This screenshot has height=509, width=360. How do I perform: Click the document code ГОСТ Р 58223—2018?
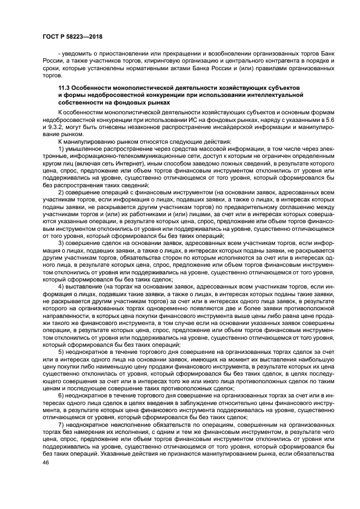(72, 36)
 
